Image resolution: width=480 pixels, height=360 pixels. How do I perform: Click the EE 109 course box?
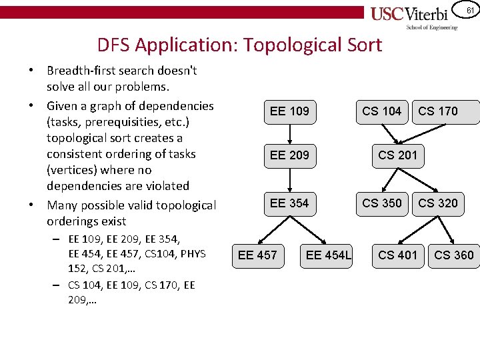pyautogui.click(x=289, y=111)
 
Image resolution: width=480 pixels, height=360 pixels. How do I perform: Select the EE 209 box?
pyautogui.click(x=289, y=155)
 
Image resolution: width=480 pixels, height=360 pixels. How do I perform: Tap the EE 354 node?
pyautogui.click(x=289, y=203)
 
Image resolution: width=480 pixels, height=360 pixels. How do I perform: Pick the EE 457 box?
pyautogui.click(x=257, y=255)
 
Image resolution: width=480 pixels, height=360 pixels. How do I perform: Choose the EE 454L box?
pyautogui.click(x=329, y=255)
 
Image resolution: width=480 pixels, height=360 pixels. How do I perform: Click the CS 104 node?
pyautogui.click(x=381, y=111)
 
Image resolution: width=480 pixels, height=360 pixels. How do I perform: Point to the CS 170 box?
pyautogui.click(x=439, y=111)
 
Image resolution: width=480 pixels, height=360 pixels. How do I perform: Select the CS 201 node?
pyautogui.click(x=397, y=155)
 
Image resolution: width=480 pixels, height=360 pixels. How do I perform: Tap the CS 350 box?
pyautogui.click(x=381, y=203)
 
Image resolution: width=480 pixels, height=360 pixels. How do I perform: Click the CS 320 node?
pyautogui.click(x=439, y=203)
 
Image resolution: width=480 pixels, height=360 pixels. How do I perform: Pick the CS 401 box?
pyautogui.click(x=397, y=255)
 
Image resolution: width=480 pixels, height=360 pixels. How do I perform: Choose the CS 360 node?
pyautogui.click(x=454, y=255)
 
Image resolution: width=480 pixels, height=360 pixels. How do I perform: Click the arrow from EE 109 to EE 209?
pyautogui.click(x=289, y=133)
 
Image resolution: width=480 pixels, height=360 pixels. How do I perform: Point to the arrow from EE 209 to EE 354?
pyautogui.click(x=289, y=179)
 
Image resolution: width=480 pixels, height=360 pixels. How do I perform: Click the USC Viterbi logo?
pyautogui.click(x=414, y=17)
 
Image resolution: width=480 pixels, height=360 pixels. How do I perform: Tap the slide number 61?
pyautogui.click(x=469, y=10)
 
